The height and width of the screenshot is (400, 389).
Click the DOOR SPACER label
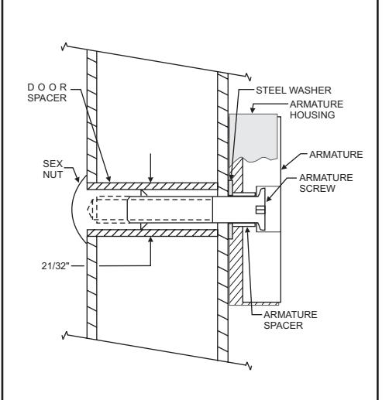coord(47,93)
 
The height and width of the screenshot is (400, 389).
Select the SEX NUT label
coord(53,169)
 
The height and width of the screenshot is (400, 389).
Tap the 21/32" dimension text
coord(56,265)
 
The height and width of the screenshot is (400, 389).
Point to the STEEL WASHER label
coord(294,91)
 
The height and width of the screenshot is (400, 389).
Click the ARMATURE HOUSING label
coord(316,110)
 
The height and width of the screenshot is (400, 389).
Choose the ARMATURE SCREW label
coord(326,183)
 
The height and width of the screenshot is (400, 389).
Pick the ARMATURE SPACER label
coord(291,320)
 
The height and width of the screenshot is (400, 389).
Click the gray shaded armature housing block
coord(253,137)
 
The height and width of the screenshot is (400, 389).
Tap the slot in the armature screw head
coord(260,210)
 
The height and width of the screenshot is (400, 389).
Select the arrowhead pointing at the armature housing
coord(253,111)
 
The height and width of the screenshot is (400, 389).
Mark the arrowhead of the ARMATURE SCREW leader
coord(269,199)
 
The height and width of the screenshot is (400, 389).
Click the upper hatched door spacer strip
coord(152,186)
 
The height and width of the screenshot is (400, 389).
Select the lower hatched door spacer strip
coord(152,233)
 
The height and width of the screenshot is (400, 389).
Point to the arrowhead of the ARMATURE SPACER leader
coord(247,231)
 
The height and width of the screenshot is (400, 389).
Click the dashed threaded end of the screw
coord(108,210)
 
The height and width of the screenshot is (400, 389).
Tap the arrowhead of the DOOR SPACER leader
coord(108,179)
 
